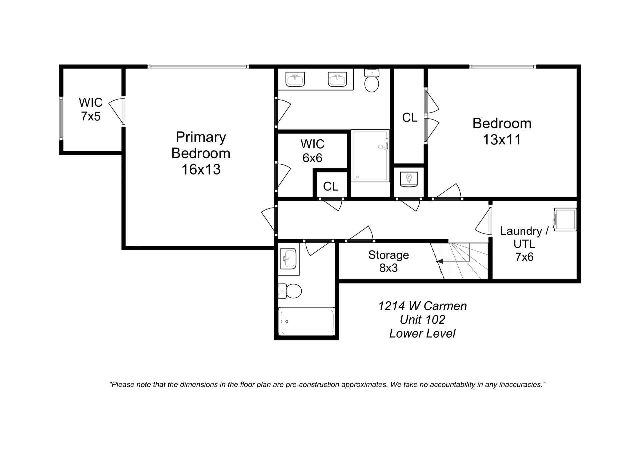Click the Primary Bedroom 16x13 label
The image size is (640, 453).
tap(201, 153)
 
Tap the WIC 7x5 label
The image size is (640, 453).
tap(90, 109)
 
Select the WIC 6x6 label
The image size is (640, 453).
tap(312, 151)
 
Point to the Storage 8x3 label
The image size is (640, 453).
tap(388, 261)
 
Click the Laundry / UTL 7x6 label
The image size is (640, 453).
tap(524, 244)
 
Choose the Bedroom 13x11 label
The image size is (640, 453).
tap(502, 131)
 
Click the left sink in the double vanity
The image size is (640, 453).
tap(295, 79)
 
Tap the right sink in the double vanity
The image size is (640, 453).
tap(337, 79)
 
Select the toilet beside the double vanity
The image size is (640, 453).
tap(372, 81)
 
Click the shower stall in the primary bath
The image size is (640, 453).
tap(370, 156)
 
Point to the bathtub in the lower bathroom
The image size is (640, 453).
tap(306, 321)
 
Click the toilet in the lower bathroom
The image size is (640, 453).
tap(290, 291)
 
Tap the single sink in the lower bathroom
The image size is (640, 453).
tap(288, 259)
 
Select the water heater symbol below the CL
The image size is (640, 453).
tap(409, 180)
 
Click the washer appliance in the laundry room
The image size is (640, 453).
tap(565, 219)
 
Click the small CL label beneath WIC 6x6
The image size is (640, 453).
tap(331, 186)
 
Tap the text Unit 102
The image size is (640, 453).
tap(422, 320)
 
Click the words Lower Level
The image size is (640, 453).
tap(422, 333)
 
